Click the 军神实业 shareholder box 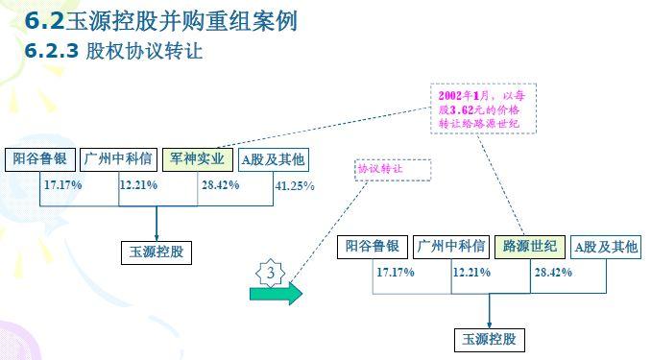[197, 159]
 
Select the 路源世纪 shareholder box [530, 247]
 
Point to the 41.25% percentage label [295, 185]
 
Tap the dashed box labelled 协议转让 [393, 170]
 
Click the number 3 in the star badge [271, 273]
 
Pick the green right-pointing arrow [277, 294]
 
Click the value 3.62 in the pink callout [462, 110]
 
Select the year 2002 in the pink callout [450, 96]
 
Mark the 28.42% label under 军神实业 [221, 185]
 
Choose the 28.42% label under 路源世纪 [553, 273]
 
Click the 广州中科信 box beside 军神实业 [118, 159]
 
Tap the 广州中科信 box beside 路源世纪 [451, 247]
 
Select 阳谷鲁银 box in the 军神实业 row [40, 159]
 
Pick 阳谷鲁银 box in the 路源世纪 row [373, 247]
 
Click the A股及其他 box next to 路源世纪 [606, 248]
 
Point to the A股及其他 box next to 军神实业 [274, 160]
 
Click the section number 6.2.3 [52, 51]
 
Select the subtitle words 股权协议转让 [144, 51]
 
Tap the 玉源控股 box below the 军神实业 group [157, 252]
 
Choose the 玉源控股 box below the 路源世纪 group [490, 340]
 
